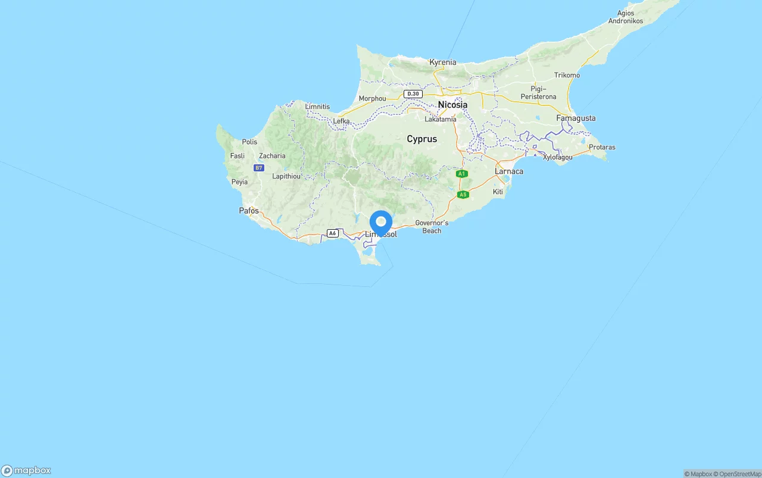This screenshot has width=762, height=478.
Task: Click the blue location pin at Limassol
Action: [381, 223]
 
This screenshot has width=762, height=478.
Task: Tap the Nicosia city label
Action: [452, 105]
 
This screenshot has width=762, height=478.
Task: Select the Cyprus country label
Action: [421, 139]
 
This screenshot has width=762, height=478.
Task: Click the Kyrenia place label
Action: [443, 62]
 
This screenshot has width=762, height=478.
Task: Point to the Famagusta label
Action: [576, 118]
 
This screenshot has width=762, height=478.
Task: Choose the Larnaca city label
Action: [509, 171]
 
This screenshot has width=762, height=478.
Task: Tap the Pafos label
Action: [249, 211]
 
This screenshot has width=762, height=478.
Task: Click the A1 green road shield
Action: [461, 174]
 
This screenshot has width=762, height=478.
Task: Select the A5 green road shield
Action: [463, 195]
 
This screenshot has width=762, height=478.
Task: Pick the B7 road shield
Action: [258, 168]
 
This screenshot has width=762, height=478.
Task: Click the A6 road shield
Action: [333, 233]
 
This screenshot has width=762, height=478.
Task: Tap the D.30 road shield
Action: [413, 94]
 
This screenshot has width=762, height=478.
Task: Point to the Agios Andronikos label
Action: [626, 17]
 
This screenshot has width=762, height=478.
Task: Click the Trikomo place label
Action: [567, 75]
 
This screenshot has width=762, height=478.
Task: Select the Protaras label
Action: [602, 147]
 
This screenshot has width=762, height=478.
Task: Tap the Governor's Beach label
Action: [432, 227]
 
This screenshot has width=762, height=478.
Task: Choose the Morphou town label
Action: [372, 98]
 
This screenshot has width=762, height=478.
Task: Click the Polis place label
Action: [249, 142]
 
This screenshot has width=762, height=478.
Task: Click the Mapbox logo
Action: [26, 470]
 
